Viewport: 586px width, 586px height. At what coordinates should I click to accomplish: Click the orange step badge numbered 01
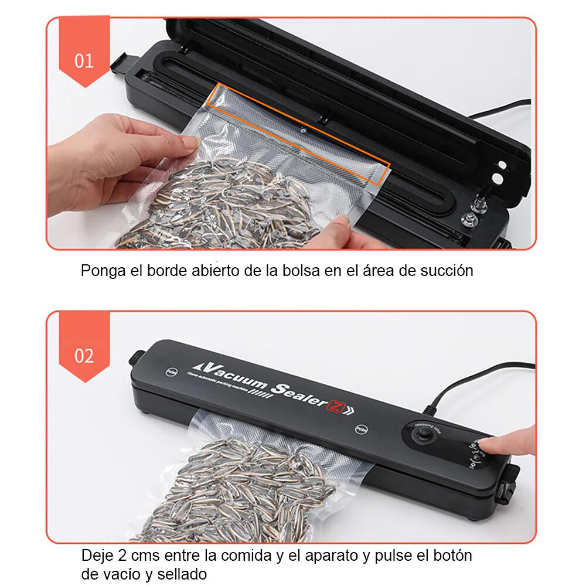tap(84, 60)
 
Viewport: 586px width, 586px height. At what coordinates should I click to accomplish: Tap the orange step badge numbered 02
tap(84, 355)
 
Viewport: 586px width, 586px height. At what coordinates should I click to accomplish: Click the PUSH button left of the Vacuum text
tap(172, 371)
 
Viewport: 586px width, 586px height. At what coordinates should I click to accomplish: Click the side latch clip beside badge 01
tap(118, 63)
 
